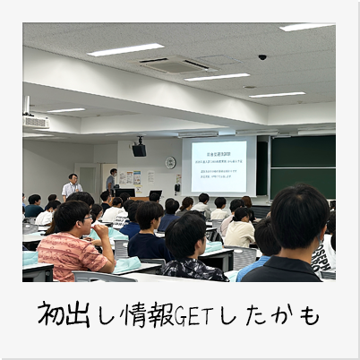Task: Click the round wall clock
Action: click(170, 162)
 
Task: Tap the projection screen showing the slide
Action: click(218, 165)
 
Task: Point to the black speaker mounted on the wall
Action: click(139, 150)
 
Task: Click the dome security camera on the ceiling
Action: click(262, 57)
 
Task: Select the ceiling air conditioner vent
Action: click(175, 64)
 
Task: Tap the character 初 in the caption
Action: click(53, 315)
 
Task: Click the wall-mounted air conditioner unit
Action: click(35, 120)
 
